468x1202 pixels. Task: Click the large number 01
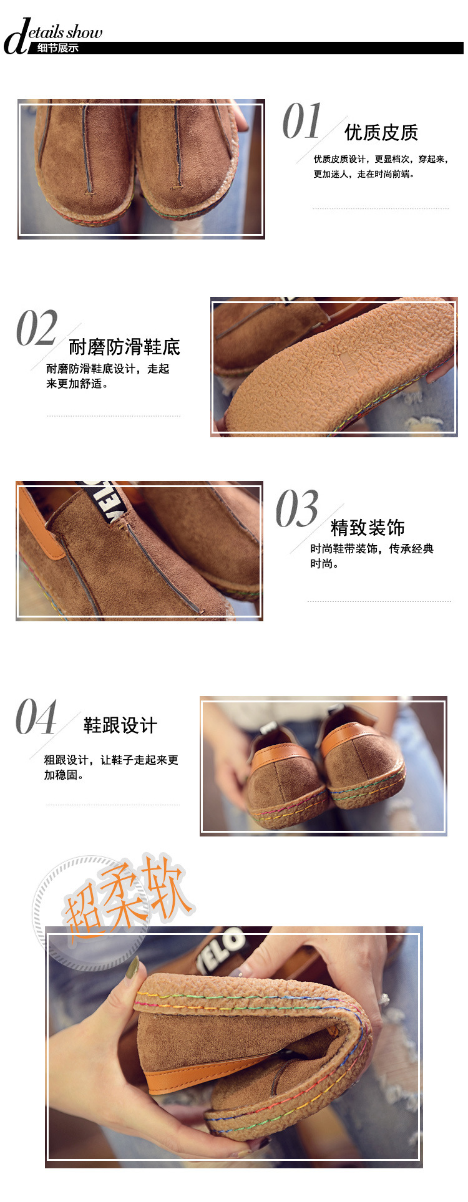pos(302,121)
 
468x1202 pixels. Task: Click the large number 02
pos(37,328)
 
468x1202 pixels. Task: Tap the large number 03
pos(297,508)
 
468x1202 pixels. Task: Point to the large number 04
pos(36,717)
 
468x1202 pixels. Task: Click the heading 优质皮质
pos(381,132)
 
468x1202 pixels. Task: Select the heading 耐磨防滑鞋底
pos(124,347)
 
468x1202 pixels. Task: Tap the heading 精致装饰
pos(368,528)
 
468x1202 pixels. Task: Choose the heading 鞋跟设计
pos(120,725)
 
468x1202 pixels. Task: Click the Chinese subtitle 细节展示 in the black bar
pos(58,48)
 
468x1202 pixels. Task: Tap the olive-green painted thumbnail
pos(132,967)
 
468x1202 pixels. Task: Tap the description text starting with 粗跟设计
pos(111,768)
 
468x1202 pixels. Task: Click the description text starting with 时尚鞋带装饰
pos(372,556)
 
